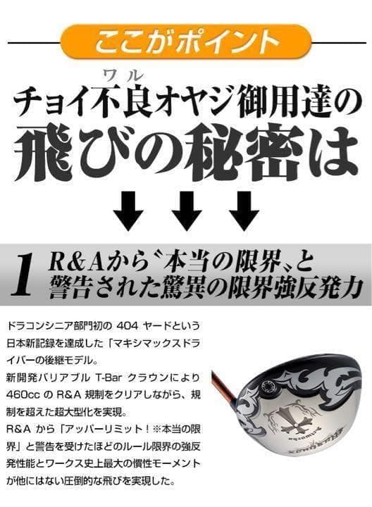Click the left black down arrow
pyautogui.click(x=128, y=210)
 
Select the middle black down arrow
pyautogui.click(x=186, y=210)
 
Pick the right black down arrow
pyautogui.click(x=244, y=210)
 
